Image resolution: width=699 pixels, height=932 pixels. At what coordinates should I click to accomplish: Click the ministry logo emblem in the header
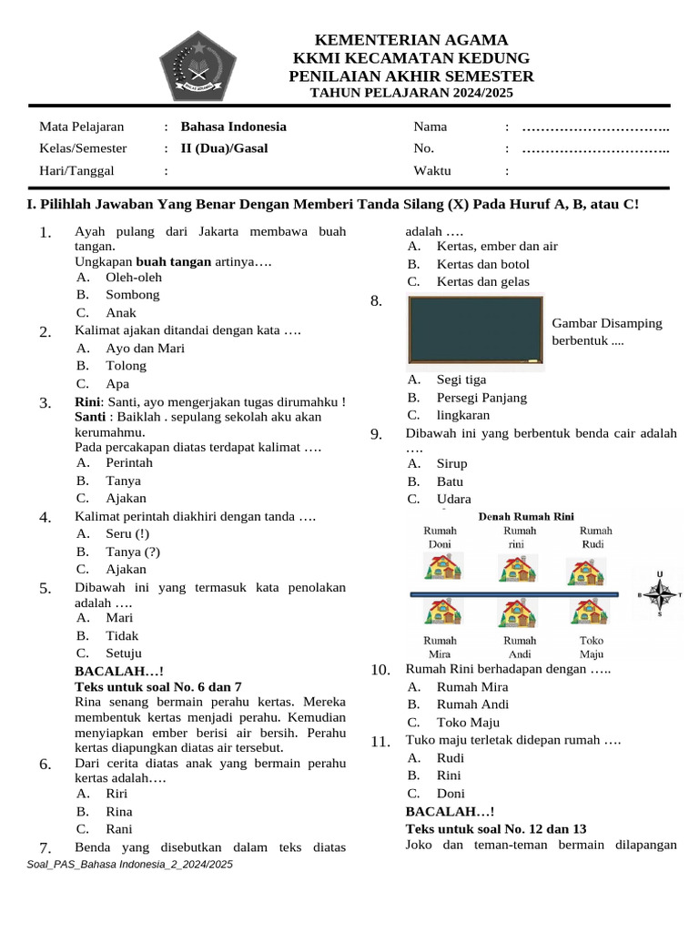(198, 66)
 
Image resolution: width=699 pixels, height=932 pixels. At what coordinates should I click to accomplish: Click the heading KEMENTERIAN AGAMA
(410, 40)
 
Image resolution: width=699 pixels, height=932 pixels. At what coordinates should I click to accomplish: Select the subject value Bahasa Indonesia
(234, 127)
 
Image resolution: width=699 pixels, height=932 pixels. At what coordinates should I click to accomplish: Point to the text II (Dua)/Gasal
(224, 148)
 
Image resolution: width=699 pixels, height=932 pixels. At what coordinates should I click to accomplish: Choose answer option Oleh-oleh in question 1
(133, 277)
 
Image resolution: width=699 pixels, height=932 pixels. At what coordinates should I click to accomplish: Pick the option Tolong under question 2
(126, 365)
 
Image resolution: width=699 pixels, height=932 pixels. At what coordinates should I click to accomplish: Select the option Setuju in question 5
(124, 653)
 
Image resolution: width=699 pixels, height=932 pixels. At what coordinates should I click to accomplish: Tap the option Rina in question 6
(119, 811)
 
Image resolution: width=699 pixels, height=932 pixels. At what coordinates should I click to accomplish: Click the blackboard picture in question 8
(474, 331)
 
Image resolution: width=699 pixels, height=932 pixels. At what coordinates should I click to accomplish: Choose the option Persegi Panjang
(481, 397)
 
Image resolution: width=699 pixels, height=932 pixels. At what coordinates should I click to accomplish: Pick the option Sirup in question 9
(451, 463)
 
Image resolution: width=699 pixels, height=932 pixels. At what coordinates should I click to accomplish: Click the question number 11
(380, 743)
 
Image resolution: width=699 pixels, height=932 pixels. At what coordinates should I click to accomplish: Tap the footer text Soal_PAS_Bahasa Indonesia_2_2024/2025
(130, 864)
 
